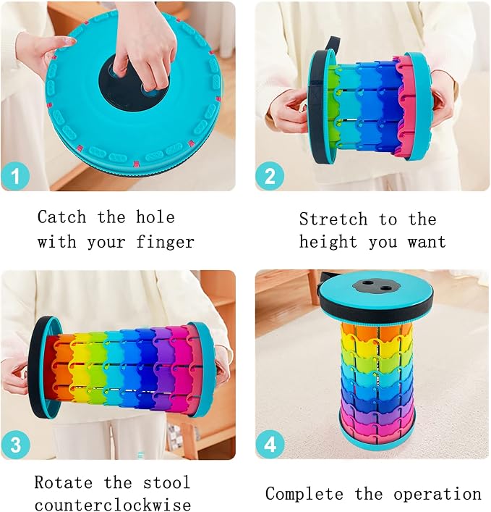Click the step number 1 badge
15,176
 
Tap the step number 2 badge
270,176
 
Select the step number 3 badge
15,445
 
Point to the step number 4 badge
270,445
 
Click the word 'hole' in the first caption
155,217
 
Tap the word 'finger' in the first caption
166,242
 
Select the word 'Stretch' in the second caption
333,219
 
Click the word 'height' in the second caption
328,243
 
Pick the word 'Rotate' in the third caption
63,482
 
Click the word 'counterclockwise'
113,505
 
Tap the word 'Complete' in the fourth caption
304,494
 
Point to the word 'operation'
437,495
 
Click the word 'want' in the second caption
427,243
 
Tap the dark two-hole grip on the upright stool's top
376,286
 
